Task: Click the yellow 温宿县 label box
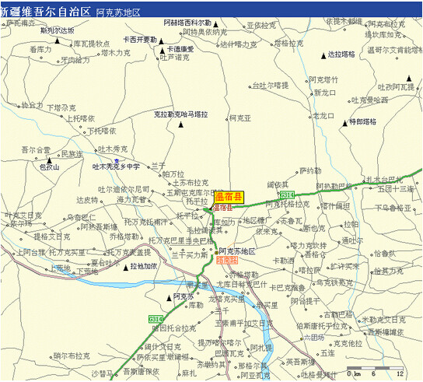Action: pyautogui.click(x=229, y=197)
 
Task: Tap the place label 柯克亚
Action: pyautogui.click(x=239, y=117)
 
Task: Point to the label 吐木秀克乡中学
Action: pyautogui.click(x=116, y=166)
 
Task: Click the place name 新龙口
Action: pyautogui.click(x=324, y=93)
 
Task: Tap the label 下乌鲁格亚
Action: pyautogui.click(x=391, y=208)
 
